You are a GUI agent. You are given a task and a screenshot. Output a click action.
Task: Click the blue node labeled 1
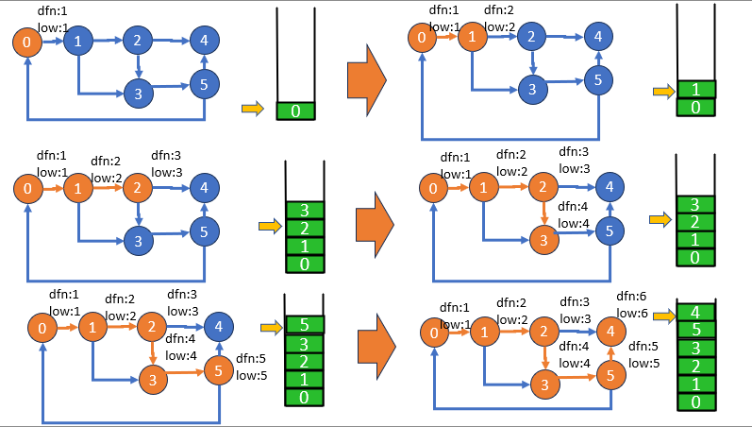pos(79,41)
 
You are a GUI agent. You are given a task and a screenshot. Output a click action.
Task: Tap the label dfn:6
pos(632,296)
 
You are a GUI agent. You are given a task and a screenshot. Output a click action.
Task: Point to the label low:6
pos(632,313)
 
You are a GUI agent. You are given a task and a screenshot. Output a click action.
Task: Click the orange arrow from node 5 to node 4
pos(610,353)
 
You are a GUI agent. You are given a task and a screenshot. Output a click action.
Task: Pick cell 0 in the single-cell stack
pos(295,111)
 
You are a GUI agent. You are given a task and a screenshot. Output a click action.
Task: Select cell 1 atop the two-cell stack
pos(696,90)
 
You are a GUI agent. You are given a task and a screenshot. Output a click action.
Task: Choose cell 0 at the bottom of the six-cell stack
pos(696,401)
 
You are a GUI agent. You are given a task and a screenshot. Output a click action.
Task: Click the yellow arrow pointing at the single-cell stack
pos(253,110)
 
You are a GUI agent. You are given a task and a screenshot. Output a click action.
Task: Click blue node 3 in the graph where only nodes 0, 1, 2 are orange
pos(137,241)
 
